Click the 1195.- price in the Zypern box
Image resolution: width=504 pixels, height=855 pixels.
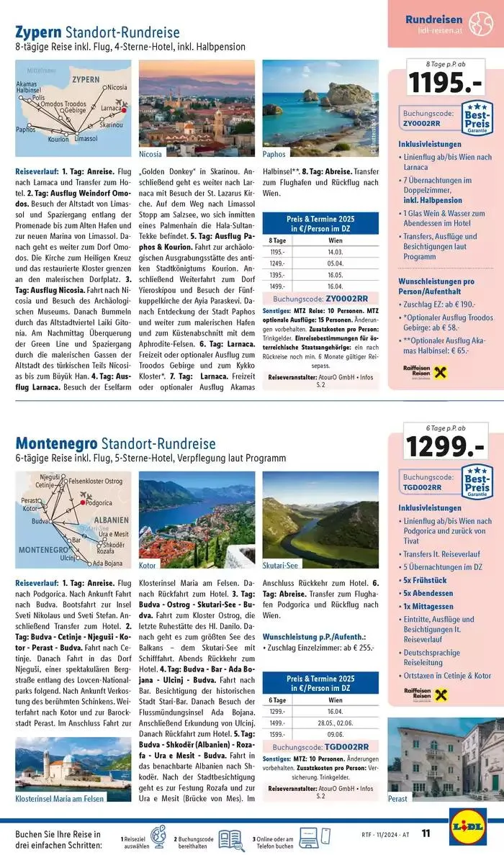coord(444,83)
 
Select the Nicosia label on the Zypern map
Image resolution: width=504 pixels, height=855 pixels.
coord(114,87)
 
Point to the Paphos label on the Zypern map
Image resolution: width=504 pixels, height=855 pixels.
coord(26,130)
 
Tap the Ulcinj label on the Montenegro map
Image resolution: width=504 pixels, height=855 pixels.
coord(68,557)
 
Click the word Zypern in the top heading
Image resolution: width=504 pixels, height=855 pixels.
coord(38,32)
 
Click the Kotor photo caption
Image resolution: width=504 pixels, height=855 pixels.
coord(148,566)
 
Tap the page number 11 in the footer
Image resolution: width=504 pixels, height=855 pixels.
coord(426,833)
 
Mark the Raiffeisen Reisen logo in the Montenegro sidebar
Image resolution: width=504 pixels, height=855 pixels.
coord(426,695)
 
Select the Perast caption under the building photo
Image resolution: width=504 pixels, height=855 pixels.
coord(397,798)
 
